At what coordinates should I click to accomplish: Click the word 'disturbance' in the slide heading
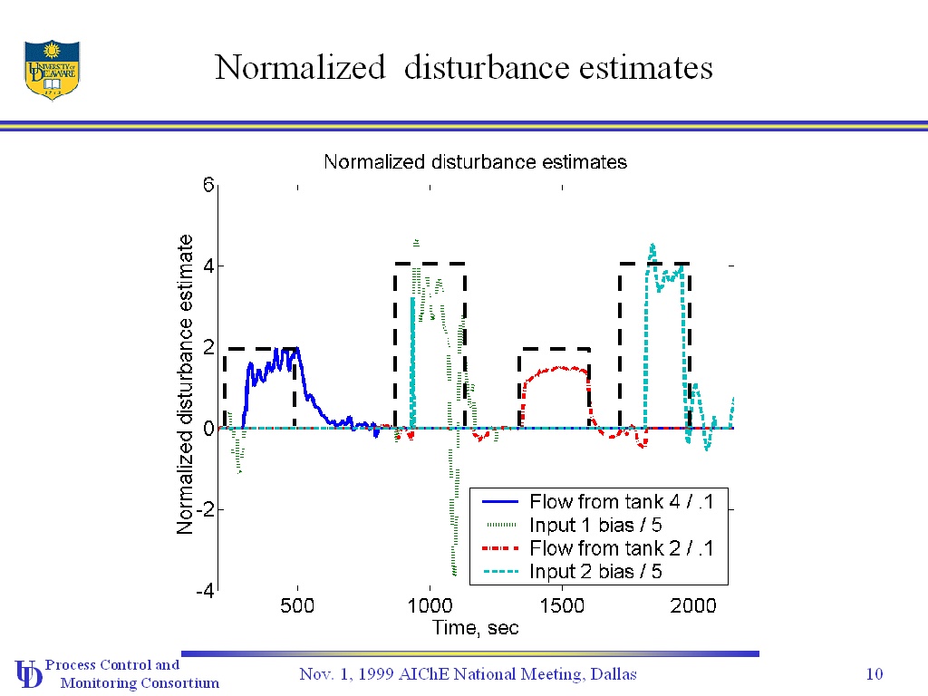tap(477, 68)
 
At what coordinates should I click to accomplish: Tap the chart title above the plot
tap(475, 162)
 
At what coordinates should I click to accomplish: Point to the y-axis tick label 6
tap(208, 186)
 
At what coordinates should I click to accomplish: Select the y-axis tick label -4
tap(205, 590)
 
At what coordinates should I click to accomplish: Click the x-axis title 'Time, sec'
tap(475, 627)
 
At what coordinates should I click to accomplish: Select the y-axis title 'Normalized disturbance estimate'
tap(185, 384)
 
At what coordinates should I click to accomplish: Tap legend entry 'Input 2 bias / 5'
tap(595, 572)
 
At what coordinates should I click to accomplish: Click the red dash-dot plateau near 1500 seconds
tap(558, 368)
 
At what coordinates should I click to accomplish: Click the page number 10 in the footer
tap(875, 673)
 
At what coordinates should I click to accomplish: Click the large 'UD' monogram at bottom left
tap(28, 673)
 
